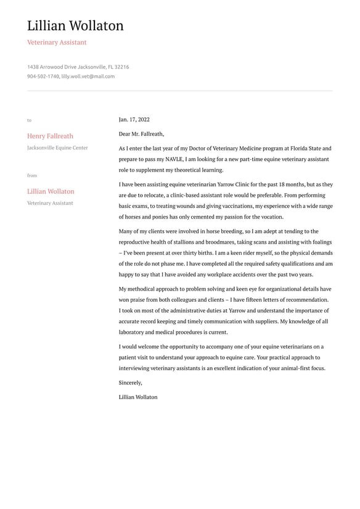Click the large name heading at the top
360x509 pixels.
click(x=75, y=26)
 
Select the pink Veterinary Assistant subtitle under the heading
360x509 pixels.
click(x=57, y=43)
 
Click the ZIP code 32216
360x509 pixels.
click(x=121, y=67)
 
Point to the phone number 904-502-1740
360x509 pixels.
click(x=43, y=77)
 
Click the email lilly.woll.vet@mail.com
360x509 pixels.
click(x=88, y=77)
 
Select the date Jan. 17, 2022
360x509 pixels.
click(x=134, y=120)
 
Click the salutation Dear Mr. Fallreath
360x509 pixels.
click(x=141, y=134)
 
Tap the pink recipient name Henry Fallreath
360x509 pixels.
click(x=50, y=136)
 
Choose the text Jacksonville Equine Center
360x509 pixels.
click(x=57, y=148)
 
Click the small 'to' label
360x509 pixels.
click(x=29, y=120)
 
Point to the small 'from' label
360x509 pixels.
click(x=32, y=176)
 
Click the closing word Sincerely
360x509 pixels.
click(x=130, y=383)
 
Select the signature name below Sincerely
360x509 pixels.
click(x=138, y=397)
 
